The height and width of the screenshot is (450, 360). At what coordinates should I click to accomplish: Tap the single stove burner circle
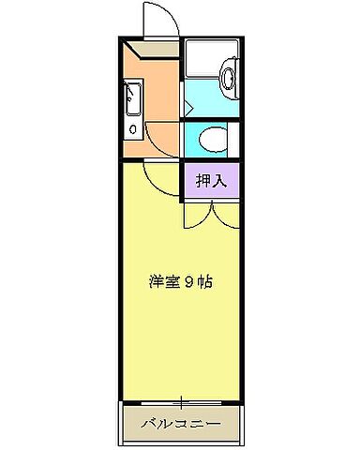point(132,128)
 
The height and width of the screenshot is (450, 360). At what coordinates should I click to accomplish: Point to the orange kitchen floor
point(159,103)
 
